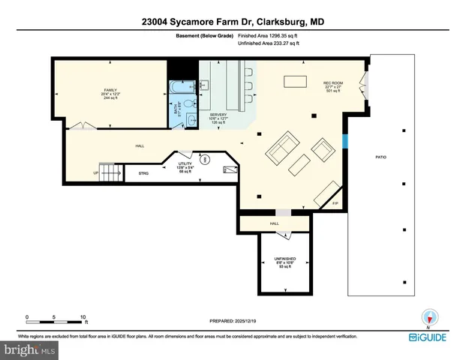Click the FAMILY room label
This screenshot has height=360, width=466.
click(110, 90)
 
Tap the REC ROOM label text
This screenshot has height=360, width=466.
click(333, 82)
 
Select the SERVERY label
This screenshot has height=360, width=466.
click(218, 115)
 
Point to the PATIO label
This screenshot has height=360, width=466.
click(381, 157)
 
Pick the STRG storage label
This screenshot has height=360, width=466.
click(144, 173)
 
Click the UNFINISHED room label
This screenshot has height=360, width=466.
click(284, 259)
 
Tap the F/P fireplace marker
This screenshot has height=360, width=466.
click(335, 203)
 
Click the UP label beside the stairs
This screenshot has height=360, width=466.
click(95, 173)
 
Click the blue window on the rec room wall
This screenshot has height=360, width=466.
click(345, 141)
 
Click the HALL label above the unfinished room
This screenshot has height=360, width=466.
click(274, 223)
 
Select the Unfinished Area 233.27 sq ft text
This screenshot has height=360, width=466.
click(268, 43)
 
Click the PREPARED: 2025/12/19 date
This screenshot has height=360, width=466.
click(233, 321)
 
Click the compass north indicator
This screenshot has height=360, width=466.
click(429, 317)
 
